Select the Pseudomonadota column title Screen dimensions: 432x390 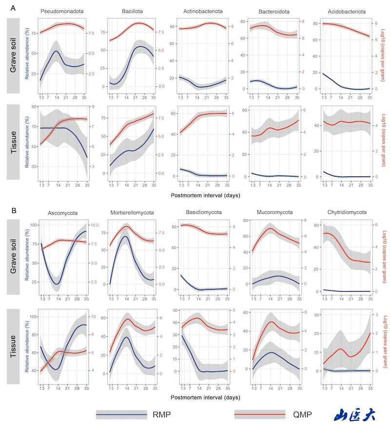pos(61,11)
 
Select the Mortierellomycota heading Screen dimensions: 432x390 pos(132,213)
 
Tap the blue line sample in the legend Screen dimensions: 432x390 pos(121,414)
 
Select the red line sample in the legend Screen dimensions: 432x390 pos(260,414)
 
